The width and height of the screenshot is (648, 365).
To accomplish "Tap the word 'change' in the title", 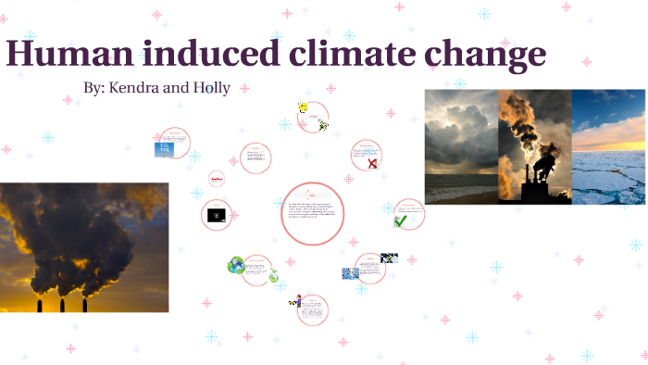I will click(487, 56).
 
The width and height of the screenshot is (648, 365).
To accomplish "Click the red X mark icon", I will click(372, 164).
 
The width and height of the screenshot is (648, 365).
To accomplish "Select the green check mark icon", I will click(400, 220).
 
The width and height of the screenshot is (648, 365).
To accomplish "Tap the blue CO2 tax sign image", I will click(164, 148).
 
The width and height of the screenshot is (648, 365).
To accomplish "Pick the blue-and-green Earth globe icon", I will click(236, 266).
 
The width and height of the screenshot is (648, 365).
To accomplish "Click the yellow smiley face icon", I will click(303, 108).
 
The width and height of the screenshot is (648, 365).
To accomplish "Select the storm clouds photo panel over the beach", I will click(461, 146).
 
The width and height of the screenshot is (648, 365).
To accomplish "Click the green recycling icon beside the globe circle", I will click(274, 275).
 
